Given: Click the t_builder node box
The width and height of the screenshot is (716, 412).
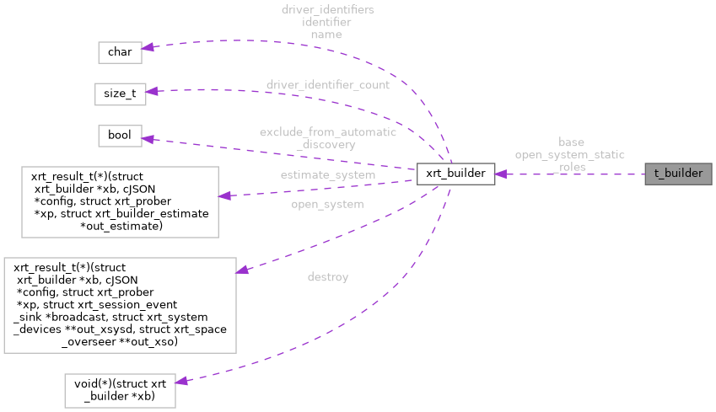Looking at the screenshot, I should pyautogui.click(x=678, y=174).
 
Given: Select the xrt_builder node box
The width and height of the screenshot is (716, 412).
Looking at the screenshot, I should pyautogui.click(x=454, y=174).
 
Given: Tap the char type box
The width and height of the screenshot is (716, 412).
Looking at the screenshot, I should pyautogui.click(x=119, y=51).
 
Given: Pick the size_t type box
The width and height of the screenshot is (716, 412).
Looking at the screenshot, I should pyautogui.click(x=121, y=94).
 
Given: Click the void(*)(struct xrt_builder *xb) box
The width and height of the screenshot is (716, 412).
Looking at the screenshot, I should pyautogui.click(x=121, y=390).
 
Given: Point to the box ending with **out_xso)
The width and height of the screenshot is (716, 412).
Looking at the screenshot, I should pyautogui.click(x=120, y=305).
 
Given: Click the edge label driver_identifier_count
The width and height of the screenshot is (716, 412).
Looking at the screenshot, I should pyautogui.click(x=328, y=85).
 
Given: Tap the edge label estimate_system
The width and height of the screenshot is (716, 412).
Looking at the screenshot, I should pyautogui.click(x=327, y=174).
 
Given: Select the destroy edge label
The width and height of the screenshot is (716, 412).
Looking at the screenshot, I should pyautogui.click(x=328, y=276).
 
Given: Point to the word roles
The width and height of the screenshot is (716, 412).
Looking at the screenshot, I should pyautogui.click(x=572, y=167).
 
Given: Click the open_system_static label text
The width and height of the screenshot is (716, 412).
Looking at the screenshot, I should pyautogui.click(x=570, y=155).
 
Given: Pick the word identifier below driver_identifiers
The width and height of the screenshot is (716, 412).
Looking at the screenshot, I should pyautogui.click(x=326, y=23).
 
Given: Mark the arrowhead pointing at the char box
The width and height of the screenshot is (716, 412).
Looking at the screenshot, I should pyautogui.click(x=148, y=48).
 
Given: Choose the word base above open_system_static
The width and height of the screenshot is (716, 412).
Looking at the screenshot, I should pyautogui.click(x=571, y=142).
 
